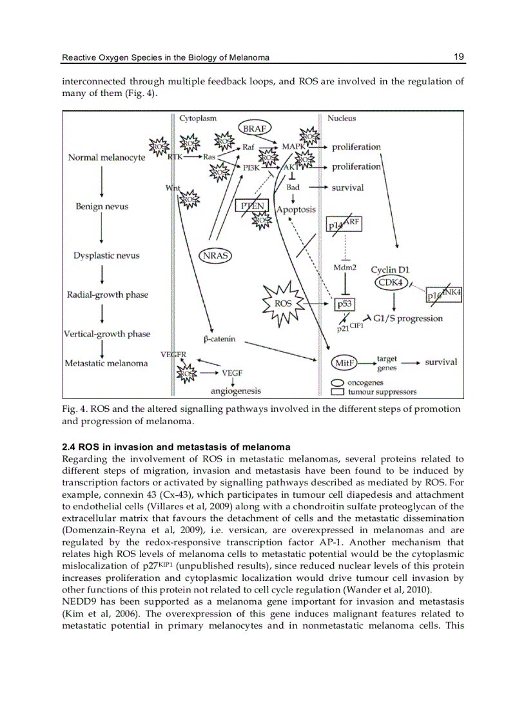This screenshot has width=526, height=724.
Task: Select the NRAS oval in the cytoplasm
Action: click(215, 256)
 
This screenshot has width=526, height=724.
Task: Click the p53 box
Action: click(340, 303)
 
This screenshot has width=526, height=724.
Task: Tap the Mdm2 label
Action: click(345, 267)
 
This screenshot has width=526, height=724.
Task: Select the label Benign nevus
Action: click(102, 206)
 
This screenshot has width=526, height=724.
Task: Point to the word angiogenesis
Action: click(236, 391)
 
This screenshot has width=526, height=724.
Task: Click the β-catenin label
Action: click(219, 338)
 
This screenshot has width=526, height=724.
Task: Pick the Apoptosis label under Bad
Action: click(296, 210)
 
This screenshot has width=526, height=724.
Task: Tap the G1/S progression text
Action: click(407, 318)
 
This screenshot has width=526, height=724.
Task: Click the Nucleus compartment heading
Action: click(341, 118)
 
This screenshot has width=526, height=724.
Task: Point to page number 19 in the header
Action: click(458, 57)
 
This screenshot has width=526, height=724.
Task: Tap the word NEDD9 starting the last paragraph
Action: click(77, 602)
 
